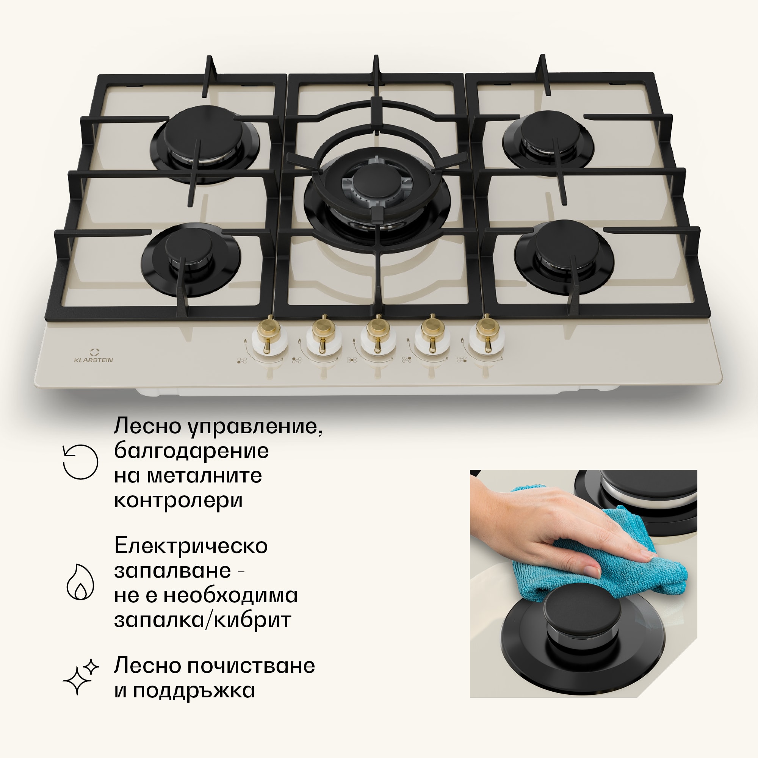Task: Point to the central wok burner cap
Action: point(376,179)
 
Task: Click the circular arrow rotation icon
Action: point(80,462)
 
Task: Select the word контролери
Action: point(179,500)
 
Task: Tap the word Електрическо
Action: point(191,545)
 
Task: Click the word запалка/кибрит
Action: point(203,620)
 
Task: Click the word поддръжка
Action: point(194,691)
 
